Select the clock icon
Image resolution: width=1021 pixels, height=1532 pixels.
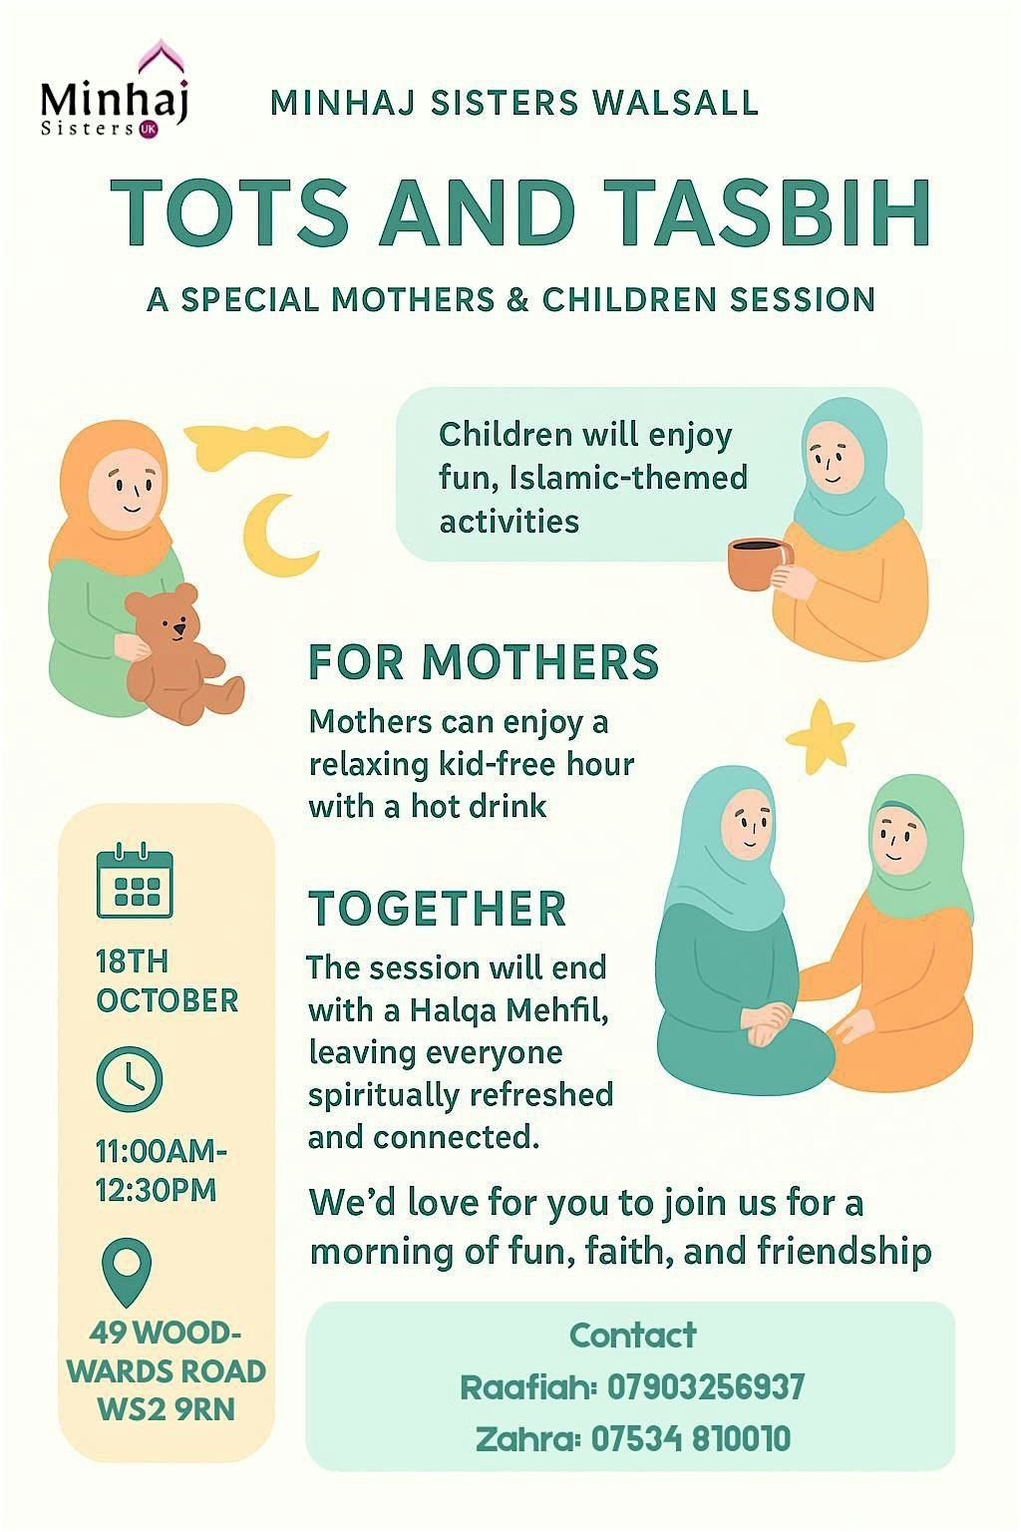click(130, 1080)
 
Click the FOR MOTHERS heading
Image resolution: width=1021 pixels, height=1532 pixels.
click(485, 661)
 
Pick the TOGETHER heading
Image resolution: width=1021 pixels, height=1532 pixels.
click(438, 908)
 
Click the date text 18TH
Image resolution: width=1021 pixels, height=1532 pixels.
click(132, 961)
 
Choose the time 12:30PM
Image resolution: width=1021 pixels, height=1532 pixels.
click(156, 1189)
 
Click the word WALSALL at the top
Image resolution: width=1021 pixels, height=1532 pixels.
click(676, 103)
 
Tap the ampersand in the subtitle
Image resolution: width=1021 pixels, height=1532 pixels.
click(518, 299)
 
